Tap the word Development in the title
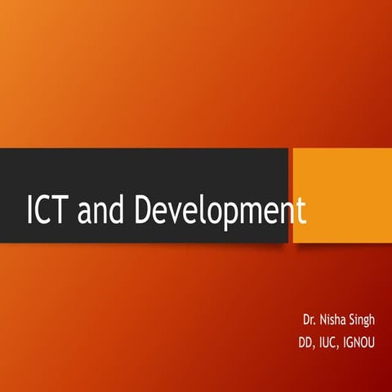220,212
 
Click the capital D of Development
145,211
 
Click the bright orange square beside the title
341,194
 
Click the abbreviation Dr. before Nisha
308,313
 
